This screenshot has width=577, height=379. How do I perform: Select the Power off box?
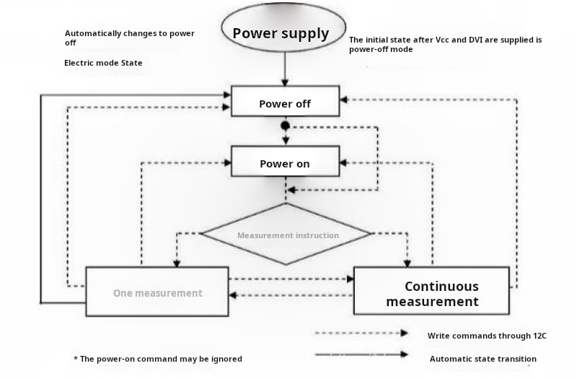pyautogui.click(x=285, y=102)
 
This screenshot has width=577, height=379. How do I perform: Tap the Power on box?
pyautogui.click(x=285, y=162)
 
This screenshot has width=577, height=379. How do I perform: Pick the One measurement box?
pyautogui.click(x=157, y=292)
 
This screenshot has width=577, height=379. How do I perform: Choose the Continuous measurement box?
pyautogui.click(x=431, y=291)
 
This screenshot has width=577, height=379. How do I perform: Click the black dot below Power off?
pyautogui.click(x=286, y=126)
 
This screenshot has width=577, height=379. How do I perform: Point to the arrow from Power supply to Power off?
pyautogui.click(x=286, y=72)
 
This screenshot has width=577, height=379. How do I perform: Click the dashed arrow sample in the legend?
pyautogui.click(x=361, y=334)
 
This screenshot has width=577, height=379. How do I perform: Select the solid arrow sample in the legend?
pyautogui.click(x=361, y=354)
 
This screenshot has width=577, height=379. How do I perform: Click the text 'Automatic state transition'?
pyautogui.click(x=483, y=359)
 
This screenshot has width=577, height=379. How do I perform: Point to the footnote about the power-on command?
pyautogui.click(x=158, y=359)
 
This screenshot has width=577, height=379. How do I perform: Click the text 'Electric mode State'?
pyautogui.click(x=103, y=63)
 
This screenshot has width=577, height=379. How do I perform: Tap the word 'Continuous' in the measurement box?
pyautogui.click(x=441, y=286)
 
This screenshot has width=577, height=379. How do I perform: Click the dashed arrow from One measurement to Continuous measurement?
pyautogui.click(x=291, y=279)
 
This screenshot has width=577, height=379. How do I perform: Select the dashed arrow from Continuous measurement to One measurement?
pyautogui.click(x=291, y=295)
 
